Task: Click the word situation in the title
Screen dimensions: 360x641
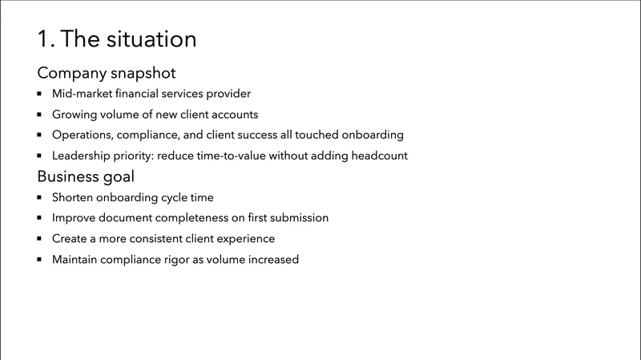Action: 153,38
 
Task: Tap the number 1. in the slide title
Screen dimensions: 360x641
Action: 45,38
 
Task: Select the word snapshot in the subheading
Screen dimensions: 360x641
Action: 143,73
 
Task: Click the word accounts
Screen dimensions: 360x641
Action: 233,115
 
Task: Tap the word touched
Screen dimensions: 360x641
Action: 316,135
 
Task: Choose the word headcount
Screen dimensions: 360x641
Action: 377,156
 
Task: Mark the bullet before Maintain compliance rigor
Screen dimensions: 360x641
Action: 40,260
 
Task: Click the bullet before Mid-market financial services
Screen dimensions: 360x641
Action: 40,94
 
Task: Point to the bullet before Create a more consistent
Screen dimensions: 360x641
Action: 40,239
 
